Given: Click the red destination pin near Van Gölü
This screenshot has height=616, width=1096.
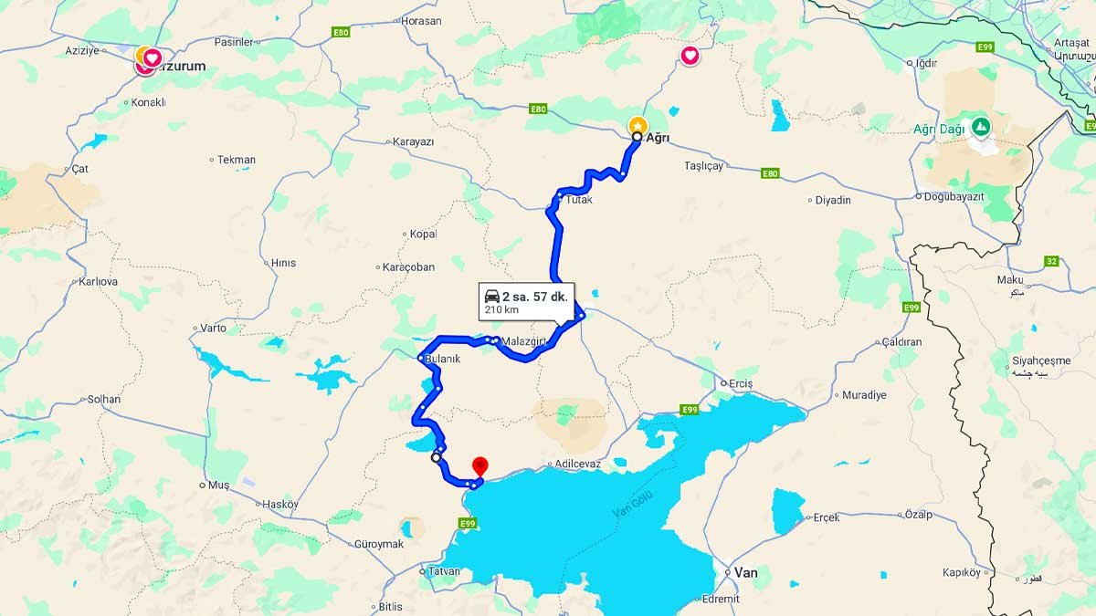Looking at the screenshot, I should pyautogui.click(x=479, y=466).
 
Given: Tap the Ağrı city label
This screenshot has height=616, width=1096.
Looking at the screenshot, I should pyautogui.click(x=659, y=138).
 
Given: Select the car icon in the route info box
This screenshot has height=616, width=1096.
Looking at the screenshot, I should pyautogui.click(x=491, y=296).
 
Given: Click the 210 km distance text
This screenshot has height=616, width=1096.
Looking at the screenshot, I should pyautogui.click(x=501, y=310).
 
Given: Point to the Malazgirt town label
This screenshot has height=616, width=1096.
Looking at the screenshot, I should pyautogui.click(x=523, y=341).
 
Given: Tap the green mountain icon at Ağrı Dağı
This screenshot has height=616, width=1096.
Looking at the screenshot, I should pyautogui.click(x=980, y=126).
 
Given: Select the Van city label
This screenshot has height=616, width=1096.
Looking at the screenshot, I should pyautogui.click(x=745, y=572).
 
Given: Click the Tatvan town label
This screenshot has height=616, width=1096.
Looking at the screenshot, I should pyautogui.click(x=443, y=571).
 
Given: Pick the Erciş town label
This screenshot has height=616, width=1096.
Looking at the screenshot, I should pyautogui.click(x=741, y=383).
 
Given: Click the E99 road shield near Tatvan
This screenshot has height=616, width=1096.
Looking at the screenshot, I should pyautogui.click(x=467, y=523).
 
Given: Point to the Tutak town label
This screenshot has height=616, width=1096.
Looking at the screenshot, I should pyautogui.click(x=579, y=199).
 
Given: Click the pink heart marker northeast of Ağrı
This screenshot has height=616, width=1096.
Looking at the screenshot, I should pyautogui.click(x=690, y=57).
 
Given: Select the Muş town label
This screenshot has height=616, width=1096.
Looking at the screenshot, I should pyautogui.click(x=219, y=485).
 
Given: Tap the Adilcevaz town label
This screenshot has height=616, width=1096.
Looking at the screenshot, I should pyautogui.click(x=577, y=464).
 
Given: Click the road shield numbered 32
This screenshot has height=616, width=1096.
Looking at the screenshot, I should pyautogui.click(x=1051, y=261).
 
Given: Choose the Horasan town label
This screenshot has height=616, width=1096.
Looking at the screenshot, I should pyautogui.click(x=421, y=20).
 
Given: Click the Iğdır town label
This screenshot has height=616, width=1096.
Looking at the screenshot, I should pyautogui.click(x=925, y=63).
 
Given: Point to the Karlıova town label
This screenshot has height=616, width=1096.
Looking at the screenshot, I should pyautogui.click(x=98, y=281).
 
